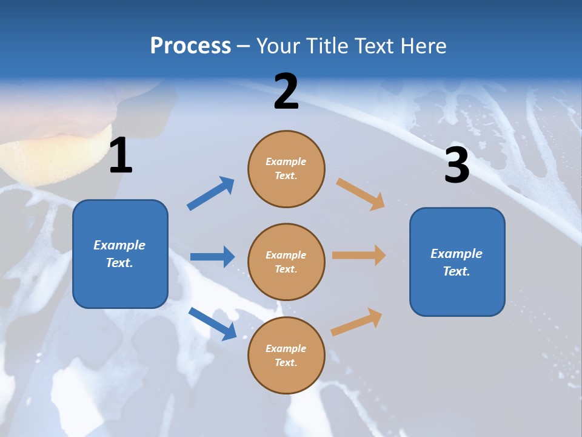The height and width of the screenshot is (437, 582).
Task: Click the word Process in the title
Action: point(190,46)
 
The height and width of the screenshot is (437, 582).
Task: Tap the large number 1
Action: point(121,156)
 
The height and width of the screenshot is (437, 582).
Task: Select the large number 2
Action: point(286,92)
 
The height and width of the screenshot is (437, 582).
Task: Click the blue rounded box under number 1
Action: point(120,254)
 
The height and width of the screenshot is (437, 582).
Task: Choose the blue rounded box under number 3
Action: point(457,262)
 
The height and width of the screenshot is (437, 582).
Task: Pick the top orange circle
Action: point(286,169)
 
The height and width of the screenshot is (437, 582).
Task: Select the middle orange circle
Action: point(286,262)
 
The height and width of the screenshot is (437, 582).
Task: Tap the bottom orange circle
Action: point(286,356)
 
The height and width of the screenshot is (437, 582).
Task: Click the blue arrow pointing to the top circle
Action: point(211,194)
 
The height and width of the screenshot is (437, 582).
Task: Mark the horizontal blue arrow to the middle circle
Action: point(212,257)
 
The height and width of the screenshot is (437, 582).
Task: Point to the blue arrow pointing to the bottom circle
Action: point(212,324)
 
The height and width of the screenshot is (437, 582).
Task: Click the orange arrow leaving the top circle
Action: point(360,194)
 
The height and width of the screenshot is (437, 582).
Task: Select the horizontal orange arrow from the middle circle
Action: point(359,256)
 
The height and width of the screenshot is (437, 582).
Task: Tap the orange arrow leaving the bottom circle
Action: point(356,322)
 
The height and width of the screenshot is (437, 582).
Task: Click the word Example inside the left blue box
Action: point(119,245)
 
